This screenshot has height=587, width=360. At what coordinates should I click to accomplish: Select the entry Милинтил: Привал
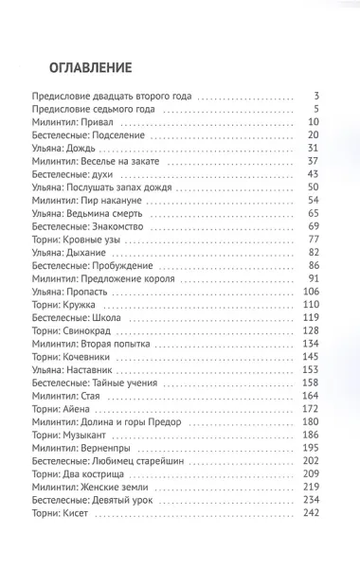(71, 123)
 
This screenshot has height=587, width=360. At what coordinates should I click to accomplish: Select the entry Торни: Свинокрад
(70, 331)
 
